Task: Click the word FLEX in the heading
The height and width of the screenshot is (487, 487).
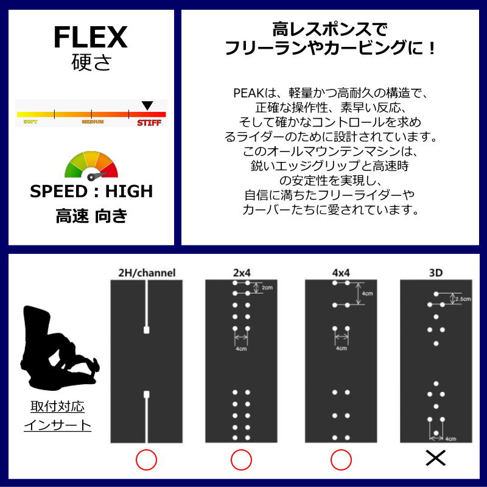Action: point(90,38)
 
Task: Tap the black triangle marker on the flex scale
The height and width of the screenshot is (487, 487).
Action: point(147,106)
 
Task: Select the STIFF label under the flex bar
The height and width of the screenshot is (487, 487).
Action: point(149,122)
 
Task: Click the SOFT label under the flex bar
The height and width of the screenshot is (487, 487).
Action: point(30,122)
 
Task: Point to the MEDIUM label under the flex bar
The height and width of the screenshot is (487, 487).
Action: point(93,122)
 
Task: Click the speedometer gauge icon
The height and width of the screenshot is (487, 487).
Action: point(91,166)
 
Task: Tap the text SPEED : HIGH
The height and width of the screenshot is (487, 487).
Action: point(91,191)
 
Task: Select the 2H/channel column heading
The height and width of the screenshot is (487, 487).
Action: point(146,272)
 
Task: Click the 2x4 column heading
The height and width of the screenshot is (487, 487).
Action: point(240,272)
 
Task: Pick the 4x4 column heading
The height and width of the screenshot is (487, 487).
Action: point(340,272)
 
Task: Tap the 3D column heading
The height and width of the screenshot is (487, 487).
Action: point(436,272)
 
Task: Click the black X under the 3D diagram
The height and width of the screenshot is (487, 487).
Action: point(436,458)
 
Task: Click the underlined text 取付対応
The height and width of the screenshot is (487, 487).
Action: point(57,406)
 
